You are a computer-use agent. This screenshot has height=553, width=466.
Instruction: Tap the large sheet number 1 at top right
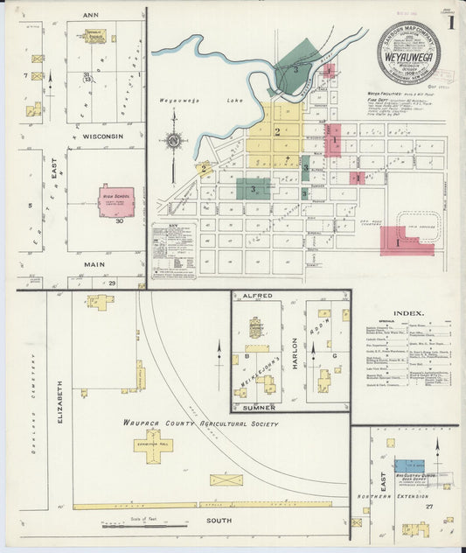click(x=450, y=22)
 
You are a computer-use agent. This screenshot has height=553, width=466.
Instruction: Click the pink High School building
click(x=116, y=200)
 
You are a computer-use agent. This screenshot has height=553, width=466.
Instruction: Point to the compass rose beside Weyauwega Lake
click(x=175, y=142)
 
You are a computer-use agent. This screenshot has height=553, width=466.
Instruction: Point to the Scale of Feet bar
click(x=144, y=527)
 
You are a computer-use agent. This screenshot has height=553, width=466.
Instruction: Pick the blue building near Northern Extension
click(x=407, y=466)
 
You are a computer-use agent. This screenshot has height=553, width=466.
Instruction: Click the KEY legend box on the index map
click(x=173, y=246)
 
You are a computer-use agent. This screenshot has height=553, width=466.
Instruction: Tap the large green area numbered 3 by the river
click(x=297, y=66)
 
